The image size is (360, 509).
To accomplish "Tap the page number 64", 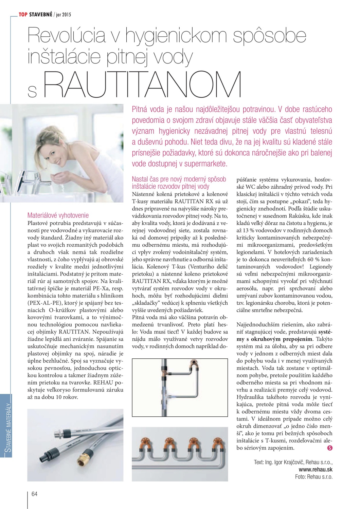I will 34,494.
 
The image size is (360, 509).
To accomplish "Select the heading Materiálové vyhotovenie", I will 58,215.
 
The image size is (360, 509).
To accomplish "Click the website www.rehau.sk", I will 316,469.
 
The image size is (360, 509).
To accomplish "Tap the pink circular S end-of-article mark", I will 329,448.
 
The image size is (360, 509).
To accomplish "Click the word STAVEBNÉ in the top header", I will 41,14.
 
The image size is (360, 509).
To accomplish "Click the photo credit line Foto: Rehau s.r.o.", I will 314,477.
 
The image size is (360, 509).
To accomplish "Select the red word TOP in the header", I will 23,14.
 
